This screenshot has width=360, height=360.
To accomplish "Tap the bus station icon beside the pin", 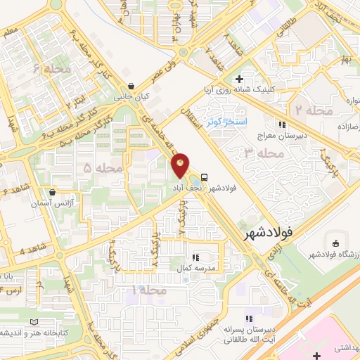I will (x=204, y=177).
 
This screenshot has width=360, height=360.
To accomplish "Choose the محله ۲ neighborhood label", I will (x=309, y=110).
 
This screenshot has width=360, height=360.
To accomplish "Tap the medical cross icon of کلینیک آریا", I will (x=239, y=79).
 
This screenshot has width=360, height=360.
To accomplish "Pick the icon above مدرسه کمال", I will (x=195, y=258).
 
